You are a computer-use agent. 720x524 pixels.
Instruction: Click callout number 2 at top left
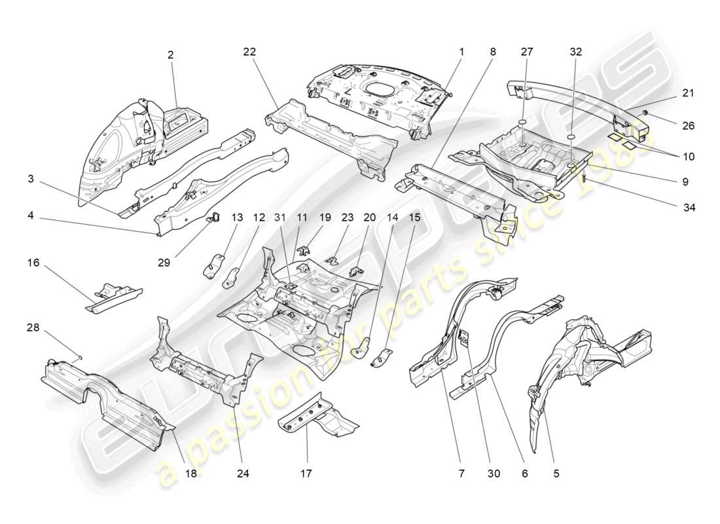click(170, 56)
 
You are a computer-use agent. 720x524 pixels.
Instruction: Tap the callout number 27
click(528, 52)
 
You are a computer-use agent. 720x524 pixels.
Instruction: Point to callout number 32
click(575, 52)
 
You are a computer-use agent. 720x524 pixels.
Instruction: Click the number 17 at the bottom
click(307, 472)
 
